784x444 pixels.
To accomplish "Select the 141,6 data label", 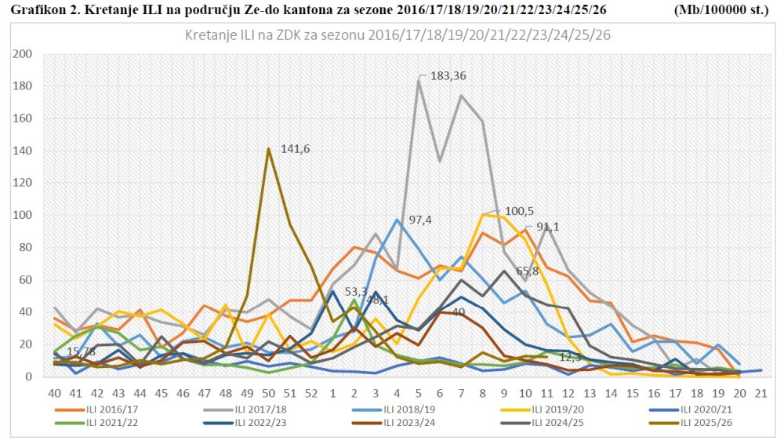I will click(296, 150).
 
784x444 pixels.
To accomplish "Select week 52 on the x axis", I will click(311, 392).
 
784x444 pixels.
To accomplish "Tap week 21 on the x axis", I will click(760, 392).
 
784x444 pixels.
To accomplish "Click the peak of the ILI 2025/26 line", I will click(269, 148).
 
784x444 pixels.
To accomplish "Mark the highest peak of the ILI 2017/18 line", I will click(419, 80).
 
